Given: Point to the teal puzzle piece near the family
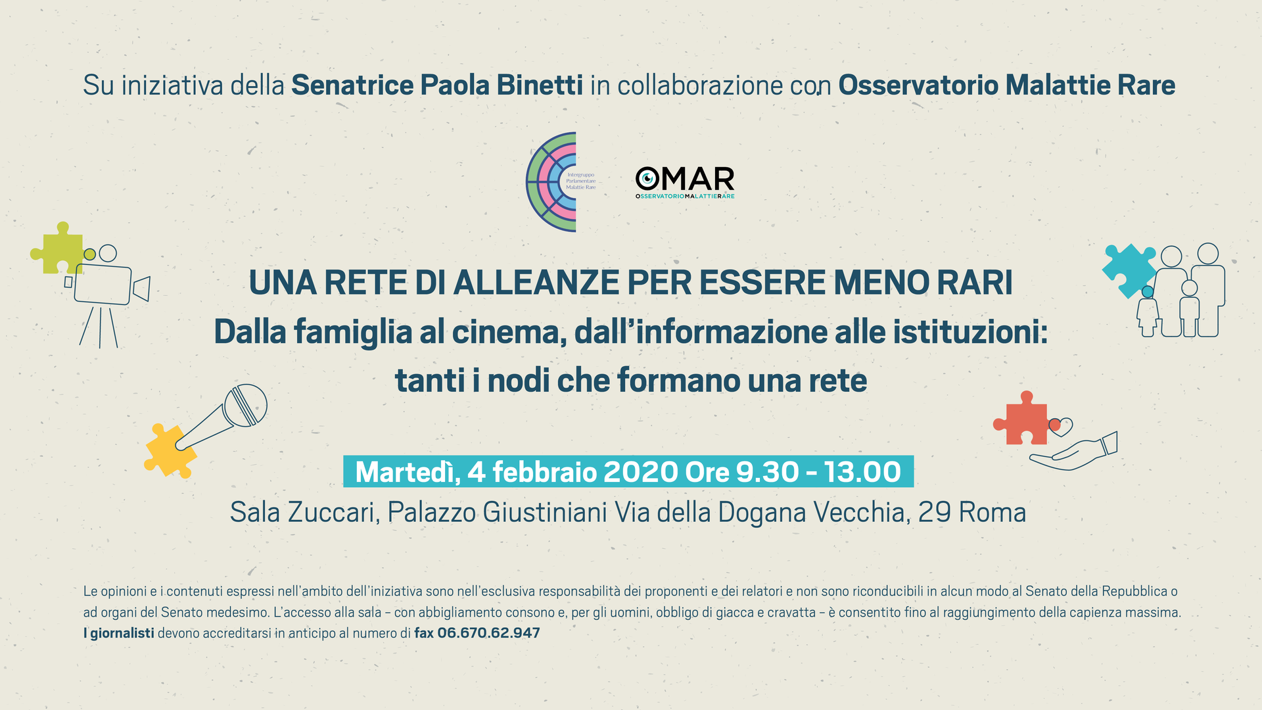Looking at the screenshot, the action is [x=1129, y=270].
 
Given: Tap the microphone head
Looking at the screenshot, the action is [x=245, y=406].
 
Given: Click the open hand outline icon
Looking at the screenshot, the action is [x=1073, y=452].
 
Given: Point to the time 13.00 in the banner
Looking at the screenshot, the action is [x=862, y=472].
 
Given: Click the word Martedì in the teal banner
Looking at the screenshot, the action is [x=407, y=472].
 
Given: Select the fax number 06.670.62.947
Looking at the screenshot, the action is [x=488, y=633].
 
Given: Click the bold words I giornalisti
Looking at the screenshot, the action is [x=119, y=633].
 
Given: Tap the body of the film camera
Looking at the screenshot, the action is [x=103, y=284].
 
